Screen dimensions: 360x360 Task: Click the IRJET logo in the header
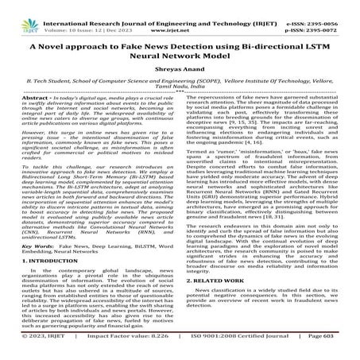click(x=19, y=10)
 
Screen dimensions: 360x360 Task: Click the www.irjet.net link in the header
click(x=179, y=15)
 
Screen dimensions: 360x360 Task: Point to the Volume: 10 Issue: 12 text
click(x=79, y=15)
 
